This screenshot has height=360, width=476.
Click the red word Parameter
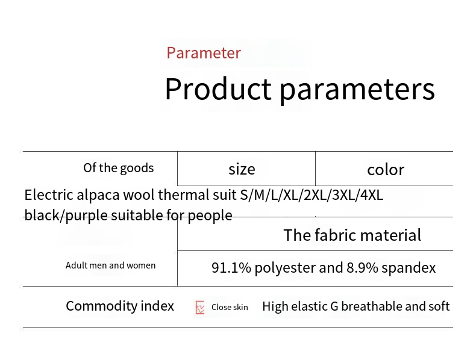coord(204,53)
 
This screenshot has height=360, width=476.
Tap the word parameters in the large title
coord(357,90)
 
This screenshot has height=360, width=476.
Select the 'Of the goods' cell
coord(118,168)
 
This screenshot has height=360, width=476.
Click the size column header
coord(242,169)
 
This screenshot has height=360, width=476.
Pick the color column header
coord(386,170)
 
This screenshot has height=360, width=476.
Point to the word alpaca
coord(98,195)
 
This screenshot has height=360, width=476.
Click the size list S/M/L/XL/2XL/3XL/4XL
coord(312,195)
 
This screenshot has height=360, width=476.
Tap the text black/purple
coord(66,216)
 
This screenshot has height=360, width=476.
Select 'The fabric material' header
coord(352,235)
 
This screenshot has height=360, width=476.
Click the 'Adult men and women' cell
coord(110,265)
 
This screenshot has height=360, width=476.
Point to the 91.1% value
coord(231,267)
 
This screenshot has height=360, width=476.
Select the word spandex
coord(409,268)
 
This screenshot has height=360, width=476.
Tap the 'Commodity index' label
coord(120,306)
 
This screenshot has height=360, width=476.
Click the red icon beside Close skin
coord(200,308)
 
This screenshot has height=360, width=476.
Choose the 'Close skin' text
coord(230,307)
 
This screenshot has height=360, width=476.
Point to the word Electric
coord(49,194)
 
